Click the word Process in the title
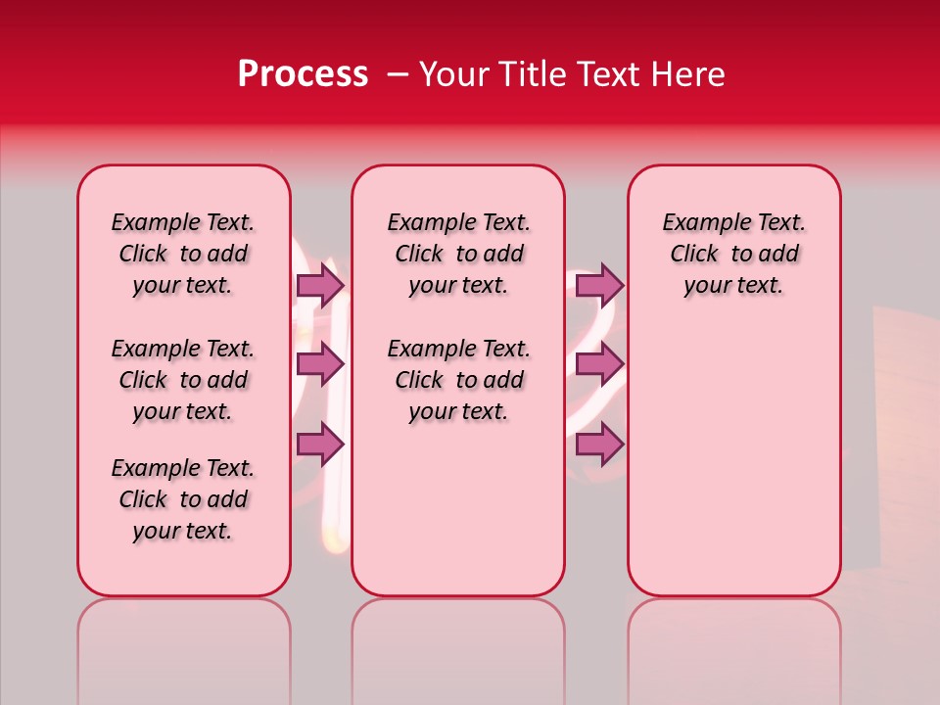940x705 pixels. click(x=303, y=74)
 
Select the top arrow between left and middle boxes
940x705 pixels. click(x=320, y=285)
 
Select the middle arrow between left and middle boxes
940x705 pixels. click(x=320, y=365)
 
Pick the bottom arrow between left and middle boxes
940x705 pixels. click(x=320, y=445)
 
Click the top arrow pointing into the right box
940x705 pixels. click(x=599, y=285)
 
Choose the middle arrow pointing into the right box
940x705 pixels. click(x=599, y=365)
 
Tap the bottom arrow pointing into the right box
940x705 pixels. click(x=599, y=445)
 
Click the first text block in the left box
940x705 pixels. click(x=183, y=254)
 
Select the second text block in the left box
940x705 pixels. click(x=183, y=380)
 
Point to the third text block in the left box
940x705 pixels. click(x=183, y=499)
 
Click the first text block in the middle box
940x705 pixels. click(x=458, y=254)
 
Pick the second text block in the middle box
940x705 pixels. click(x=458, y=380)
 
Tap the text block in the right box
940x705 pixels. click(x=733, y=254)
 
